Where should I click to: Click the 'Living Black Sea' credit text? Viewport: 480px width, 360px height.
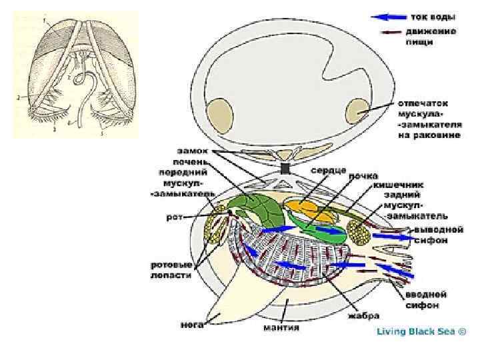tap(421, 331)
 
